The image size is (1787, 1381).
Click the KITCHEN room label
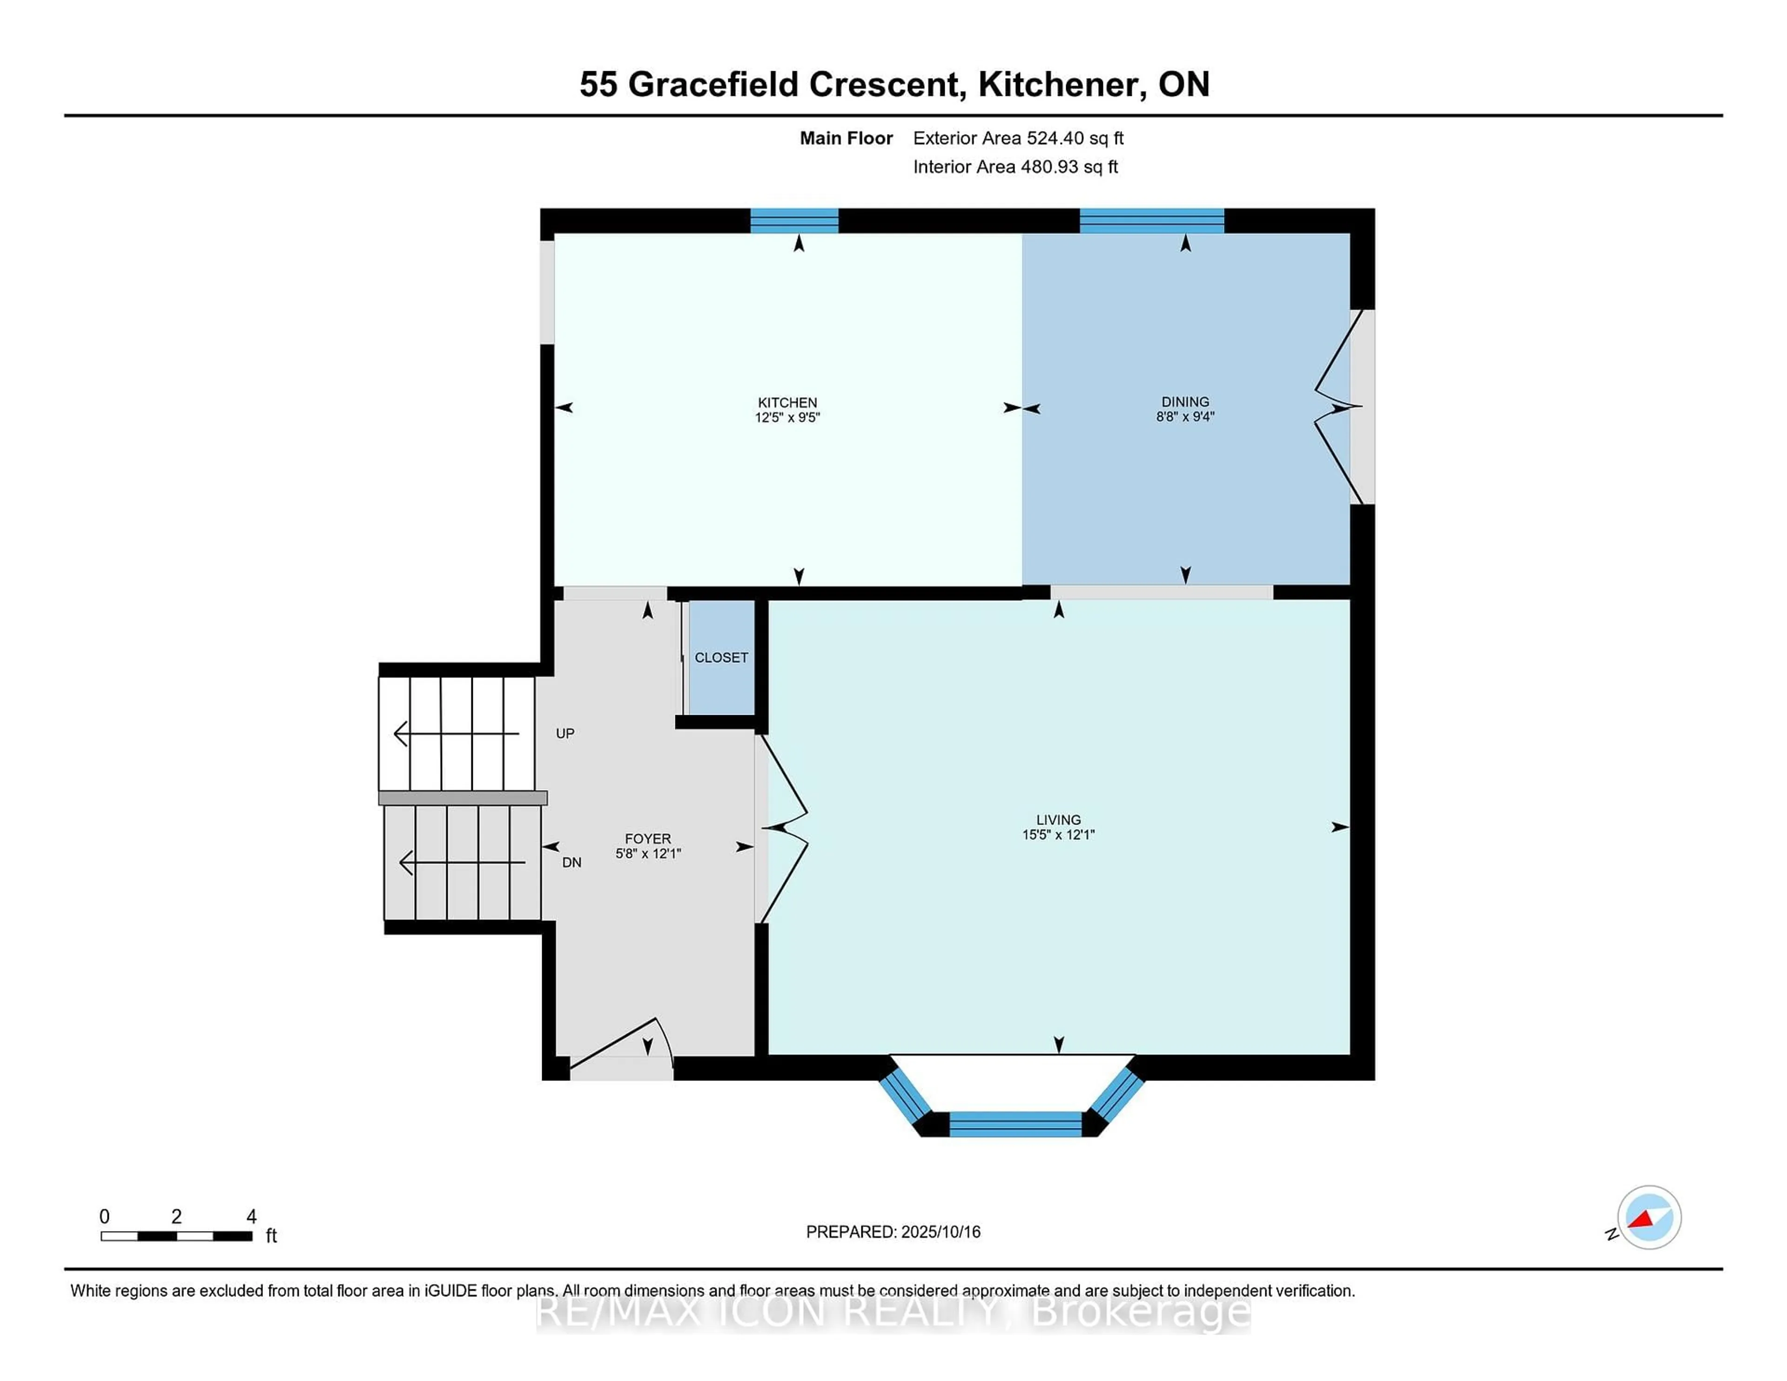click(786, 402)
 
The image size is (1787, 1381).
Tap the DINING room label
click(1185, 402)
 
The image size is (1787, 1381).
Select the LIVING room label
click(1058, 820)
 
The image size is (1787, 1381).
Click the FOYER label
click(647, 838)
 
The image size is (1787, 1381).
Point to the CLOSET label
click(721, 658)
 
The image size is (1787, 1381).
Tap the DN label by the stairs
click(571, 862)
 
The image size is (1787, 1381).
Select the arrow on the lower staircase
click(462, 862)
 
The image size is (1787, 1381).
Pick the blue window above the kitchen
click(793, 221)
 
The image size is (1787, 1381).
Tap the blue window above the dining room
click(1151, 221)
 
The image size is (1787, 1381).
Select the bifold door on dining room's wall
click(1334, 407)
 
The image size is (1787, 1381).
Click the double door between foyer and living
click(784, 828)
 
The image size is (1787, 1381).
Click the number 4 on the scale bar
click(251, 1217)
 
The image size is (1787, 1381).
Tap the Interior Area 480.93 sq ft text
click(1014, 167)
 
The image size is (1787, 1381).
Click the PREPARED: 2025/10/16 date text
click(893, 1232)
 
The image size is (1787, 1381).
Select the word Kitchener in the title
click(1061, 84)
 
